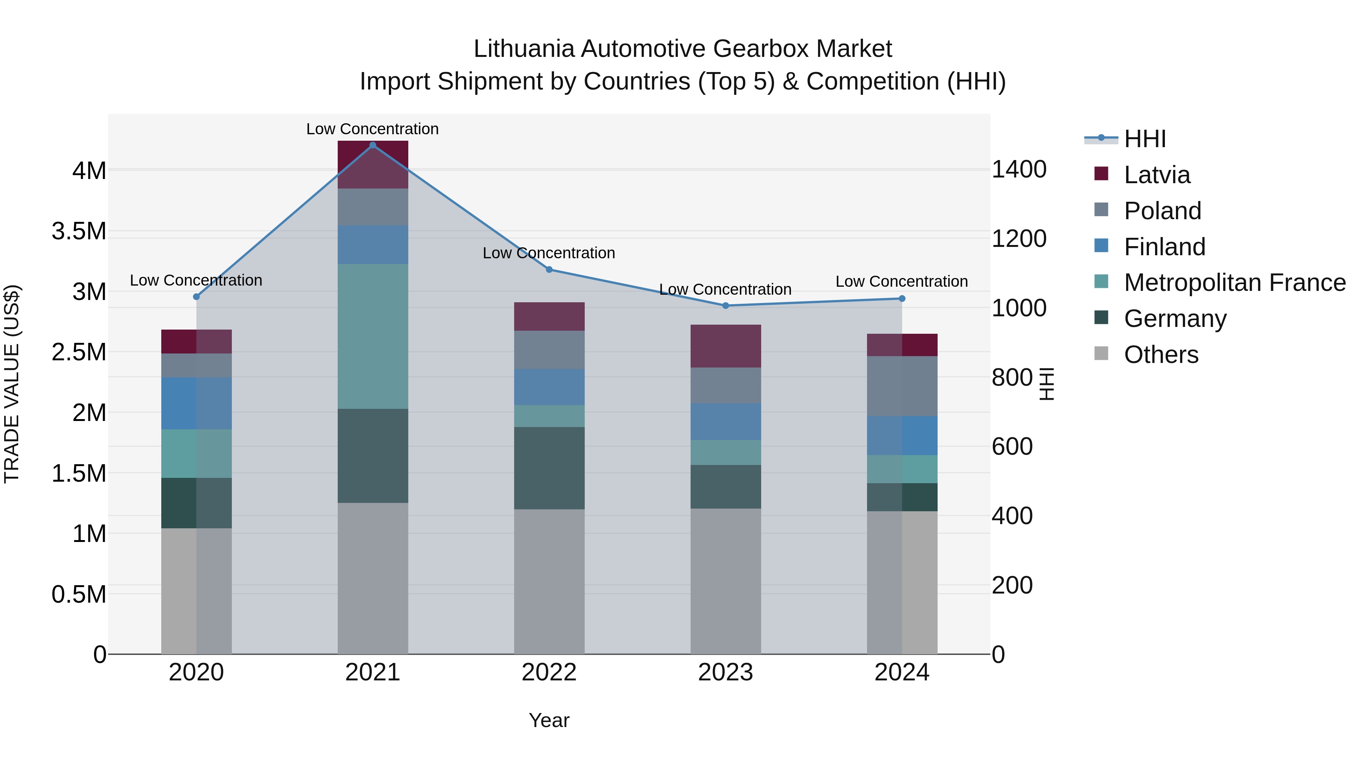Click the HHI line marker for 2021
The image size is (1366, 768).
point(373,145)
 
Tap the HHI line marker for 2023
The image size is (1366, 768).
point(725,306)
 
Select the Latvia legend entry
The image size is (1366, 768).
point(1157,175)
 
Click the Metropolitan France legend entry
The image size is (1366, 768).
point(1234,283)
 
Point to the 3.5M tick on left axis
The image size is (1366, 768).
point(79,232)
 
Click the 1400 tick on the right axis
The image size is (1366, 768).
point(1019,170)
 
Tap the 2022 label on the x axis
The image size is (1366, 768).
point(549,672)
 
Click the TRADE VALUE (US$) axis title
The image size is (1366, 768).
point(12,384)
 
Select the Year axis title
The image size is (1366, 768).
point(549,720)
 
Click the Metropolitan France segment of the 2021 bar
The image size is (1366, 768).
point(373,336)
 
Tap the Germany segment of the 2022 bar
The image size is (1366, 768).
point(549,468)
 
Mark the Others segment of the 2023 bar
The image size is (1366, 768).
point(725,581)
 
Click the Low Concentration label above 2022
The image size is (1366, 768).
point(549,253)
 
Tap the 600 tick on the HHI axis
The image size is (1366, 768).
point(1012,446)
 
